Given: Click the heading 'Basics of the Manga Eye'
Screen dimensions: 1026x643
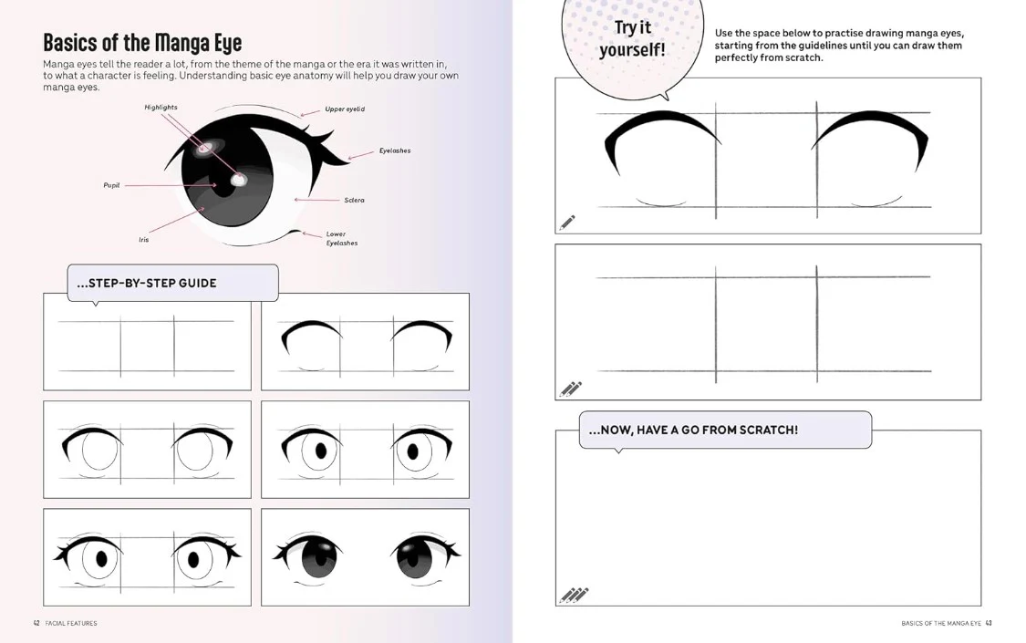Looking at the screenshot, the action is click(x=142, y=43).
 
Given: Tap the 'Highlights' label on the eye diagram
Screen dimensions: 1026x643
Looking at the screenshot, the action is click(x=161, y=108).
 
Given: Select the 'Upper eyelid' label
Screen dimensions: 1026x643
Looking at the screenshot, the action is click(x=345, y=109).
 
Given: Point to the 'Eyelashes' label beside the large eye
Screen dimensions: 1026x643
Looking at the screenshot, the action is click(x=395, y=150).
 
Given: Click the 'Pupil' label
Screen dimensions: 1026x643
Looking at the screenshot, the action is click(x=111, y=185).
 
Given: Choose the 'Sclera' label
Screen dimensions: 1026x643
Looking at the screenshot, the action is click(x=354, y=200).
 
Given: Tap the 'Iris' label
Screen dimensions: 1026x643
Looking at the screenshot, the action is click(x=143, y=239).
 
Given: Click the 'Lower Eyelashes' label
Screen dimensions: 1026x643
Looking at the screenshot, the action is click(x=342, y=238).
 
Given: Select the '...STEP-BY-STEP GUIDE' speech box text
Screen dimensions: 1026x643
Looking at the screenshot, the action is click(x=147, y=284).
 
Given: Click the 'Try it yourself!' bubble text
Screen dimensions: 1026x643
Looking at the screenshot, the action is click(x=632, y=38).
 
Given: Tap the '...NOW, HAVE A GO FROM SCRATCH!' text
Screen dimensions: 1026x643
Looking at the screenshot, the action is click(x=693, y=430).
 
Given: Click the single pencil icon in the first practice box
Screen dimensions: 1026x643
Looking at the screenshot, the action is click(x=566, y=223).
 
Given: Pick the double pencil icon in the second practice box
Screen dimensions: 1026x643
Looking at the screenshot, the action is click(x=571, y=389).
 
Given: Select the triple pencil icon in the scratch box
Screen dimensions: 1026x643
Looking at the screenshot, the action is click(x=574, y=595).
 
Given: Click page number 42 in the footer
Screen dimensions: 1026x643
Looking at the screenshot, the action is click(x=36, y=623).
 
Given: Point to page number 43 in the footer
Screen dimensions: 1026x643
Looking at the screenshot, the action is click(x=989, y=623).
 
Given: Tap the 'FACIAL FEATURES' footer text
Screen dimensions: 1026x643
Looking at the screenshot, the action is click(x=71, y=623).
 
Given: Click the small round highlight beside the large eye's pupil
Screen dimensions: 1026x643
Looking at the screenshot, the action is click(x=238, y=180).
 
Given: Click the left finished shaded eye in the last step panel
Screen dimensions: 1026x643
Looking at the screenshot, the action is click(x=312, y=556).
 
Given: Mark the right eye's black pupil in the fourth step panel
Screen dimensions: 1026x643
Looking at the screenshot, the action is click(x=413, y=451).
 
